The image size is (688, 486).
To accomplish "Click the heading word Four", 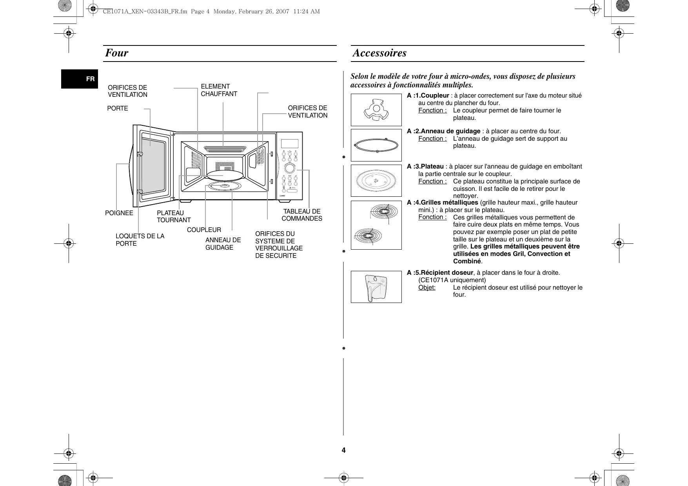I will [116, 53].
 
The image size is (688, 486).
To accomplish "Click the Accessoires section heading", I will [379, 53].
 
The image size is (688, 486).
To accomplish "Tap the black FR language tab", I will [80, 79].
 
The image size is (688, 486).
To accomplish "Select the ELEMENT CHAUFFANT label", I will [219, 90].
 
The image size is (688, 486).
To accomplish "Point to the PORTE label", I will [118, 108].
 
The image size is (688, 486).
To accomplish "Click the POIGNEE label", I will [119, 213].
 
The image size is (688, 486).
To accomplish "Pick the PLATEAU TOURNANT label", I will [174, 216].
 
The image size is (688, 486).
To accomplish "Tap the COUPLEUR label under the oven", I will [204, 230].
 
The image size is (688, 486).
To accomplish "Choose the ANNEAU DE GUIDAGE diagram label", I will [223, 243].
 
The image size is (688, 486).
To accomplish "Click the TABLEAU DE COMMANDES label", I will [302, 215].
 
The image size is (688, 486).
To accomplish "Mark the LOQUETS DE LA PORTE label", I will [140, 239].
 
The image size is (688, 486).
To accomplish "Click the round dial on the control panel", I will [289, 169].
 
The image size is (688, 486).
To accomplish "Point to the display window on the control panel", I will [289, 144].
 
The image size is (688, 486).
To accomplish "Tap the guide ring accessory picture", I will [376, 145].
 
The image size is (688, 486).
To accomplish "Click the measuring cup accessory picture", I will [376, 287].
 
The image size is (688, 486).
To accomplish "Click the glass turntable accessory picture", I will [376, 181].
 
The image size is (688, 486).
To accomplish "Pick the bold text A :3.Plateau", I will [425, 167].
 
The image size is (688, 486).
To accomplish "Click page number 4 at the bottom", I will [343, 450].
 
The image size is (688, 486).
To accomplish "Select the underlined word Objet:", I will [427, 287].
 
